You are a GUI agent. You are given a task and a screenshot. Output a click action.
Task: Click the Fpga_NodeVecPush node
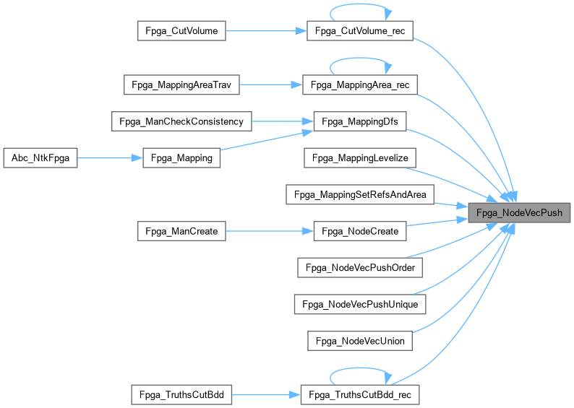(x=518, y=213)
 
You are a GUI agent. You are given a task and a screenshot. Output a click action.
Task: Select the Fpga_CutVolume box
(x=182, y=30)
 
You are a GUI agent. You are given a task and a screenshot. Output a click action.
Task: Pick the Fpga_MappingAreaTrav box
(x=181, y=84)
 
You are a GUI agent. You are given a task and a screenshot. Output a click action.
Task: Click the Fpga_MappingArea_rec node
(x=359, y=84)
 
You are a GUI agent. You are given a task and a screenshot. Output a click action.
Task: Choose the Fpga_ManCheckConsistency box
(x=181, y=121)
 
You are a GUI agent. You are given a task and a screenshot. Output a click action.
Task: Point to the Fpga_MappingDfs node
(x=359, y=121)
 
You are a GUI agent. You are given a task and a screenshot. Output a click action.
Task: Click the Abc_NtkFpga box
(x=40, y=158)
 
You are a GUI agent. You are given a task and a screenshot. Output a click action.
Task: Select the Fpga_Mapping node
(x=182, y=158)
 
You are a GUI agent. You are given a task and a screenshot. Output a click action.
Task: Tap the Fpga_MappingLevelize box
(x=359, y=158)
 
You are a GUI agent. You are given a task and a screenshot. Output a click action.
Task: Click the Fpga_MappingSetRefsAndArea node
(x=359, y=194)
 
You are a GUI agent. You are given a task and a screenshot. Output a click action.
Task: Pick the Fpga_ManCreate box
(x=182, y=231)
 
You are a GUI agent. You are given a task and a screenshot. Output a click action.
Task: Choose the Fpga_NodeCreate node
(x=359, y=231)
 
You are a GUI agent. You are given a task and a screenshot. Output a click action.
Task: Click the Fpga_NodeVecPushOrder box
(x=359, y=267)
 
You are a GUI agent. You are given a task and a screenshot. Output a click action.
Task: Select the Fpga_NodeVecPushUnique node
(x=359, y=304)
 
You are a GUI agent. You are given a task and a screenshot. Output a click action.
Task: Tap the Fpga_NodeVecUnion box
(x=359, y=340)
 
